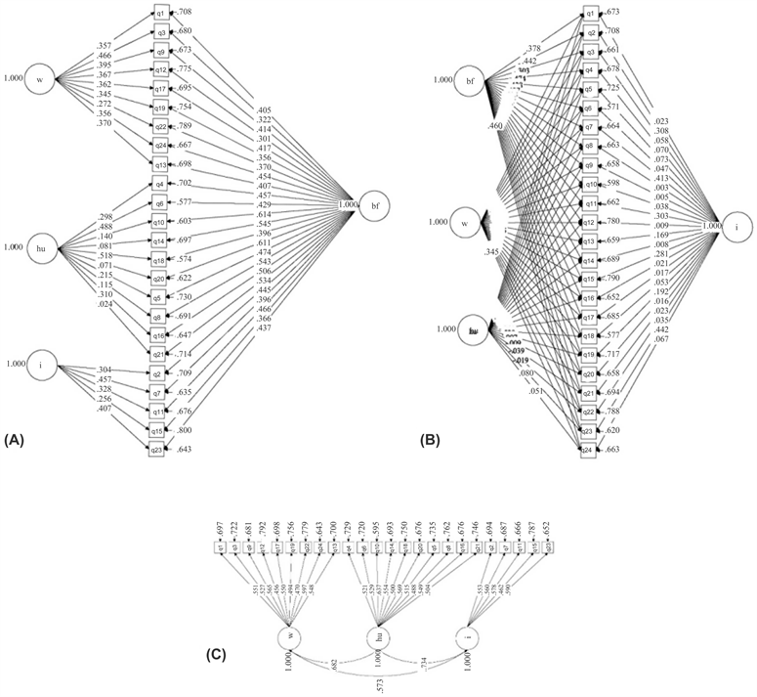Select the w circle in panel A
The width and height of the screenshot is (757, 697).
[39, 79]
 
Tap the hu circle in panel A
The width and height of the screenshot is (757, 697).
[40, 248]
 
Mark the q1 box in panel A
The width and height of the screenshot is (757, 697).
[161, 13]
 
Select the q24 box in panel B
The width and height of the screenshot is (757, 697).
[588, 450]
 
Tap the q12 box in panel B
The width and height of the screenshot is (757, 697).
[588, 223]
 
